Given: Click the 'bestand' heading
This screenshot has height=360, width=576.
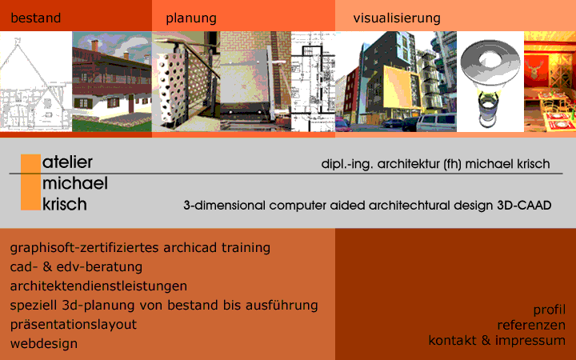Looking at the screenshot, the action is coord(36,18).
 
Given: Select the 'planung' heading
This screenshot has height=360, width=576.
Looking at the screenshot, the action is coord(191,18).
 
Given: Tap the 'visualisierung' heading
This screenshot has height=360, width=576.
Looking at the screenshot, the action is coord(397,18).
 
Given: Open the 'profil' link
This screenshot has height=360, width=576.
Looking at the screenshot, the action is coord(549,310).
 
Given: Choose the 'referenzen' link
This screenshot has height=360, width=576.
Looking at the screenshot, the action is coord(531,325).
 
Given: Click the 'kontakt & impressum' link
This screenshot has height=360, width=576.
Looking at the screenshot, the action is coord(497,340).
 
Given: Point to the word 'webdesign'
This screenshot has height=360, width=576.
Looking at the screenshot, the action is coord(44,344).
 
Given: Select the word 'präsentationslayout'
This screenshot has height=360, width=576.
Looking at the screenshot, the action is coord(74,325).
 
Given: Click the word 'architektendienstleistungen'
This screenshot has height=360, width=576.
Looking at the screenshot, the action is coord(98,286).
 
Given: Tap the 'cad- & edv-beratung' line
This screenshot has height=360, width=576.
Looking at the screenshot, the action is coord(76,266).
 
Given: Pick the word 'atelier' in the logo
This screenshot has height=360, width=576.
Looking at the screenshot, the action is coord(67,162).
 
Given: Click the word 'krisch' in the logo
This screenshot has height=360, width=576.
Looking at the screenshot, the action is coord(65,204).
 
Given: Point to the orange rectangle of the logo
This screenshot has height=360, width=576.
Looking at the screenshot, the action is coord(31,182).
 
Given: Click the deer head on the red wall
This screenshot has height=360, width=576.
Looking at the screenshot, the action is coord(532,68).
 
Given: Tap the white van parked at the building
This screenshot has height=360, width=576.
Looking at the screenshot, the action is coord(436,122).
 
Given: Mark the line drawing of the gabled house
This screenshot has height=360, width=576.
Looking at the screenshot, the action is coord(36,82).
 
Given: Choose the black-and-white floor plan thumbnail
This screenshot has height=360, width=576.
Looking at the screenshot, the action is coord(313,82).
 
